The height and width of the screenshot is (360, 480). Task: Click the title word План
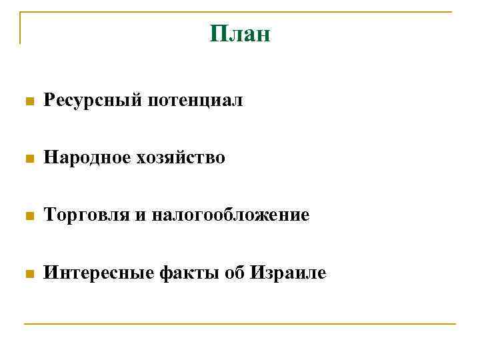pos(240,33)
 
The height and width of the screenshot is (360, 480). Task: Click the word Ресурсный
pos(92,101)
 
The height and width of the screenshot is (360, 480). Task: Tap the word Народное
pos(87,158)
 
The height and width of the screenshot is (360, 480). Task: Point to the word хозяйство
pos(181,158)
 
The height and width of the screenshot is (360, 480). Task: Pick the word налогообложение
pos(230,215)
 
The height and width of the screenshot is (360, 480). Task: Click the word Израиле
pos(288,273)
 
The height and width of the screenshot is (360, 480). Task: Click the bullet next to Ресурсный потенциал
pos(28,102)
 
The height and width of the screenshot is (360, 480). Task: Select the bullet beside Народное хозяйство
pos(28,159)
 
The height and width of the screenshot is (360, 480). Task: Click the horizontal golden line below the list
pos(240,324)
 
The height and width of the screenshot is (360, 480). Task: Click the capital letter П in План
pos(217,33)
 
